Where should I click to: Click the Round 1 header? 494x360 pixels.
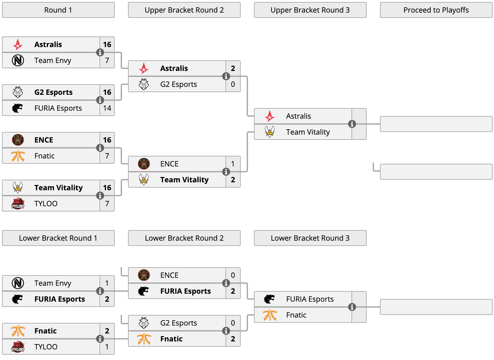tap(58, 10)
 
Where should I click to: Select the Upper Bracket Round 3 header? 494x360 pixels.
tap(310, 10)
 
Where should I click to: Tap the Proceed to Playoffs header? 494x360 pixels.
tap(436, 10)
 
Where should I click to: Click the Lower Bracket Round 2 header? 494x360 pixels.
tap(184, 238)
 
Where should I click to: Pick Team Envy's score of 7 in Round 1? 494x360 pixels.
tap(107, 60)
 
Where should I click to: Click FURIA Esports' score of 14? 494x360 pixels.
tap(107, 108)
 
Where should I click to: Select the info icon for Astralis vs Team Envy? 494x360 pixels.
tap(100, 52)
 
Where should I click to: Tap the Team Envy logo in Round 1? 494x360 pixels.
tap(18, 60)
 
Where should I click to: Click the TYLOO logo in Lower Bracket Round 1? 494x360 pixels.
tap(18, 346)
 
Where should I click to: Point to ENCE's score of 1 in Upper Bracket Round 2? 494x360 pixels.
tap(233, 163)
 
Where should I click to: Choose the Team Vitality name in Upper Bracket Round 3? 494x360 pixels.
tap(308, 132)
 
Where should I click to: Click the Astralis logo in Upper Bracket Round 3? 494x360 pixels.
tap(270, 116)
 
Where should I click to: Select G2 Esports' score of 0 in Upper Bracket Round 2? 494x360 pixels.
tap(233, 84)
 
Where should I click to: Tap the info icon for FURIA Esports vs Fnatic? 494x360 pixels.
tap(352, 307)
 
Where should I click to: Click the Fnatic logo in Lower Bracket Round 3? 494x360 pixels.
tap(270, 315)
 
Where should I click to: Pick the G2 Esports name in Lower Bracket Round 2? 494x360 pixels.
tap(178, 323)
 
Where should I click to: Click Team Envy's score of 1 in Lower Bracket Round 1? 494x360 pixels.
tap(107, 283)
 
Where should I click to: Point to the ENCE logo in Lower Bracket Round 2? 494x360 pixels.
tap(144, 275)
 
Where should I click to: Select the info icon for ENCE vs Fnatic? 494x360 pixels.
tap(100, 148)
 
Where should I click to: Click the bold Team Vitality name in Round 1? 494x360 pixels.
tap(58, 187)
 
